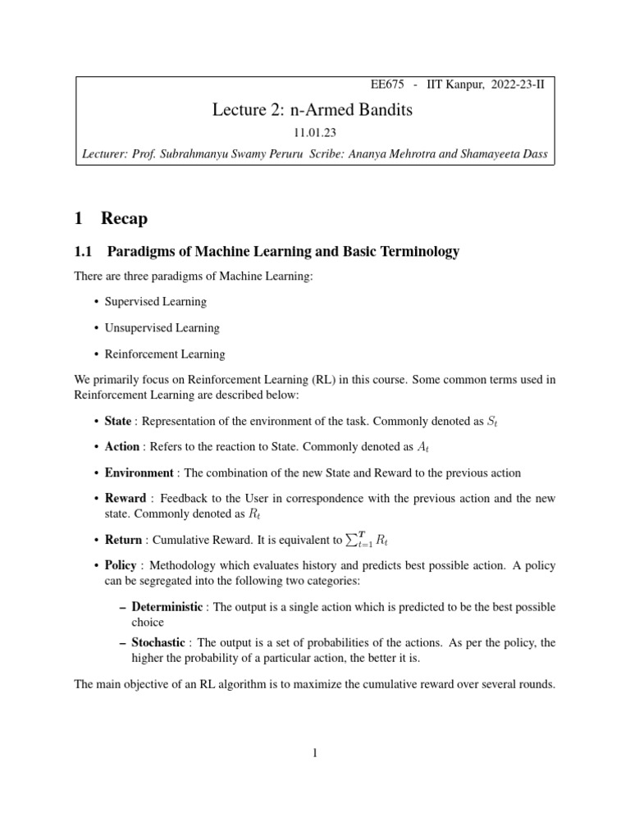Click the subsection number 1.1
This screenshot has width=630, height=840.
pos(85,252)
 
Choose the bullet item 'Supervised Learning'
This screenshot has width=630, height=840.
pos(156,302)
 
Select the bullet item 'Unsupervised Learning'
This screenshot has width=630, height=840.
pos(162,328)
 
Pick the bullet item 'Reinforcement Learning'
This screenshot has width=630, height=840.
pos(164,354)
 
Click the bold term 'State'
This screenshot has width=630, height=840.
pos(117,421)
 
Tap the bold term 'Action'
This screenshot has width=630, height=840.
pos(121,447)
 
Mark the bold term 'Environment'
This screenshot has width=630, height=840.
pos(139,473)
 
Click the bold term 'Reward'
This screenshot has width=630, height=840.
pos(126,499)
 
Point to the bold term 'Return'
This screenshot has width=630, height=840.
pos(123,541)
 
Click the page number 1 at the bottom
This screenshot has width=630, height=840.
pos(315,754)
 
